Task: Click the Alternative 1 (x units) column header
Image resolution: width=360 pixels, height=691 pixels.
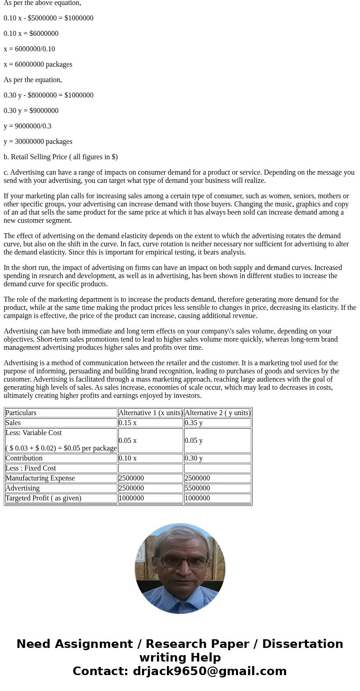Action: click(151, 413)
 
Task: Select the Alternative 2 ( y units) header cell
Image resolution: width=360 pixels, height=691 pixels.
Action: click(217, 413)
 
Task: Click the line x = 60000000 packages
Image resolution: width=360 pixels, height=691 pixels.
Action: click(38, 64)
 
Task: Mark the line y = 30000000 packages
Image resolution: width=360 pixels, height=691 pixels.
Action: click(38, 142)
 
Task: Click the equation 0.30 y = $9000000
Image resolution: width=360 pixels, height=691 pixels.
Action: click(31, 111)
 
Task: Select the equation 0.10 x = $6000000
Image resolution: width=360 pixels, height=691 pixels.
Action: click(31, 34)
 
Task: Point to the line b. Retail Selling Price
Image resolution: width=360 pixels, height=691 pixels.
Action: click(61, 157)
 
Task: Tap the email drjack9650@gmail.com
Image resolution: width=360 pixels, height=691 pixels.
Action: click(209, 671)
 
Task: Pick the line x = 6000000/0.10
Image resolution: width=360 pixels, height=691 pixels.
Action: click(29, 49)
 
